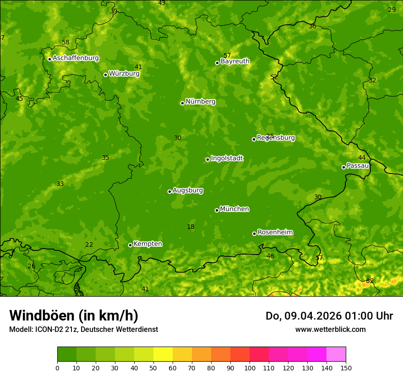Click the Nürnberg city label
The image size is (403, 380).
point(200,102)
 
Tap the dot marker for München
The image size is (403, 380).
point(217,210)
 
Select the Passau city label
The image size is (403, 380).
point(358,166)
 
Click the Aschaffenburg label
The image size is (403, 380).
point(76,58)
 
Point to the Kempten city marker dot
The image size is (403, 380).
point(131,245)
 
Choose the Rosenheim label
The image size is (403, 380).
point(275,232)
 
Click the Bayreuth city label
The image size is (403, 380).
point(235,61)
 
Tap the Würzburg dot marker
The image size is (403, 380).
point(105,75)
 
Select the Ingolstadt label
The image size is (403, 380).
point(227,158)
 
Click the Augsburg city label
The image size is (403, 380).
point(188,190)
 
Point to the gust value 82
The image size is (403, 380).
point(370,281)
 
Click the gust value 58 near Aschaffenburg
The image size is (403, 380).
point(65,43)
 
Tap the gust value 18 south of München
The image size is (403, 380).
point(191,227)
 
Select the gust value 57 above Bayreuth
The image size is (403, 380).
point(227,55)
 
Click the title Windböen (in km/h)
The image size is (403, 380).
point(74,315)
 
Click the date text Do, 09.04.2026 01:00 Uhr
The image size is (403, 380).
point(329,316)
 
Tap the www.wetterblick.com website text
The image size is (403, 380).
point(330,329)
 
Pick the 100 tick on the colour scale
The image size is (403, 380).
point(250,368)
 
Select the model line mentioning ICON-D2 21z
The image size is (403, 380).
point(83,329)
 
